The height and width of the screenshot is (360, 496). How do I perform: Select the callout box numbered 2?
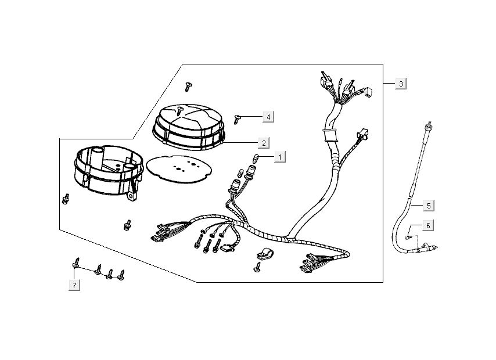click(263, 142)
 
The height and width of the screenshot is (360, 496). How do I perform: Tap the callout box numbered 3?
click(400, 84)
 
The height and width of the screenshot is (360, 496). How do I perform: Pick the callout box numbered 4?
click(267, 117)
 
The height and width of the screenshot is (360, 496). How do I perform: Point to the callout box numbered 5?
click(428, 205)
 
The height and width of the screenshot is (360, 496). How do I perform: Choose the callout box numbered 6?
click(428, 225)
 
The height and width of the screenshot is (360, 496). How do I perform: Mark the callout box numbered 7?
click(74, 285)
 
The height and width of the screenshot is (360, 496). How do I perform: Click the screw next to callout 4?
click(238, 119)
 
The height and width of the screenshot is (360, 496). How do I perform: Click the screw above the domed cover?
click(188, 86)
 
